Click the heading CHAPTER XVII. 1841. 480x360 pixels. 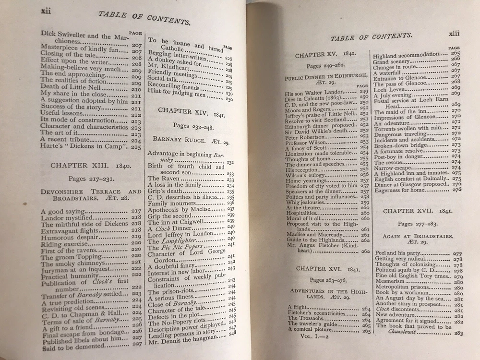(x=416, y=211)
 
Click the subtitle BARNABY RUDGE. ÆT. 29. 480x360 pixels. (x=185, y=139)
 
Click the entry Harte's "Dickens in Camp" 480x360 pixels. (x=82, y=147)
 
